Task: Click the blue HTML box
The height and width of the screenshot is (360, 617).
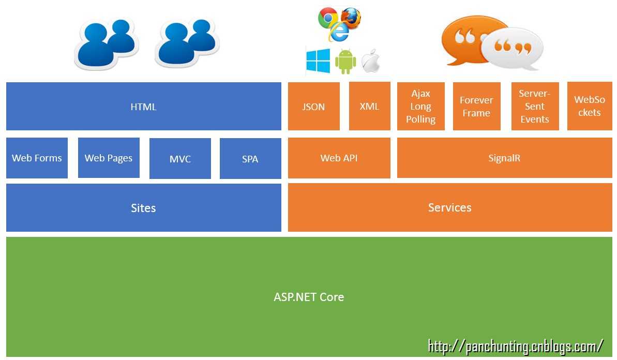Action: [143, 107]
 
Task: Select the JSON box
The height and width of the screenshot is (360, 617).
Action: [313, 107]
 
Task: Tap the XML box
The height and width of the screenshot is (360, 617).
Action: [369, 106]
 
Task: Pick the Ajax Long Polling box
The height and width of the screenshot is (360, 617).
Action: [420, 106]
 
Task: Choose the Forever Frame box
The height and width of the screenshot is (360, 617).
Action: [476, 106]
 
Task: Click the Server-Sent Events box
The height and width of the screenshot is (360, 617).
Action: [535, 106]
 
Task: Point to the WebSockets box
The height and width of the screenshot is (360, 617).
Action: [590, 106]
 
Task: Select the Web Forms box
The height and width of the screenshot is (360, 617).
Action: [37, 158]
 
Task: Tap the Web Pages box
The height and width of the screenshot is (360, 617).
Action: [109, 158]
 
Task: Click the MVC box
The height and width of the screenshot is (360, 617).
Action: [180, 158]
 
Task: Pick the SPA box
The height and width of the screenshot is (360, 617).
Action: [250, 158]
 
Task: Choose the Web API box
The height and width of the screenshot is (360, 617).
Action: [339, 158]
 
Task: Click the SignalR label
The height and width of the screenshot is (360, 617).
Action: [504, 158]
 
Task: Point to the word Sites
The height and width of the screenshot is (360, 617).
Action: [143, 208]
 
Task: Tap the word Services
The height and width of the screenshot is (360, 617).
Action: [449, 207]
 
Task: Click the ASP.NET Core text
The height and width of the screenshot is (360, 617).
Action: [309, 297]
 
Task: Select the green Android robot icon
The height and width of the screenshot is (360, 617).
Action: [345, 62]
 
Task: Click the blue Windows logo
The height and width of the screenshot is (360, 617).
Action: [318, 61]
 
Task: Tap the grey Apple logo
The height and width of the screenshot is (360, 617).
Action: [371, 61]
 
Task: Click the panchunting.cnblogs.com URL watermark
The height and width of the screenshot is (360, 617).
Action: [516, 346]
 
